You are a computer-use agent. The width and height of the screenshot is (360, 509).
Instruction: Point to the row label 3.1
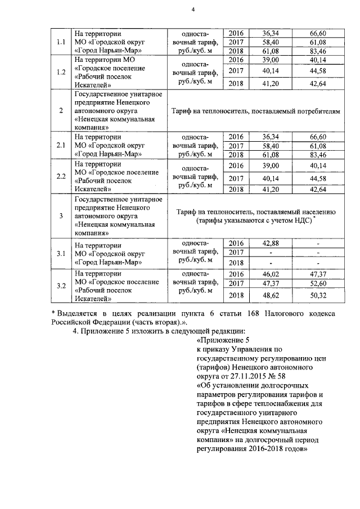tap(61, 253)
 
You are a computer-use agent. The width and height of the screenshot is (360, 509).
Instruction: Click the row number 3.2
tap(61, 285)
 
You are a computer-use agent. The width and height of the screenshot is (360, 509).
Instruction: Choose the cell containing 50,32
tap(318, 295)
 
